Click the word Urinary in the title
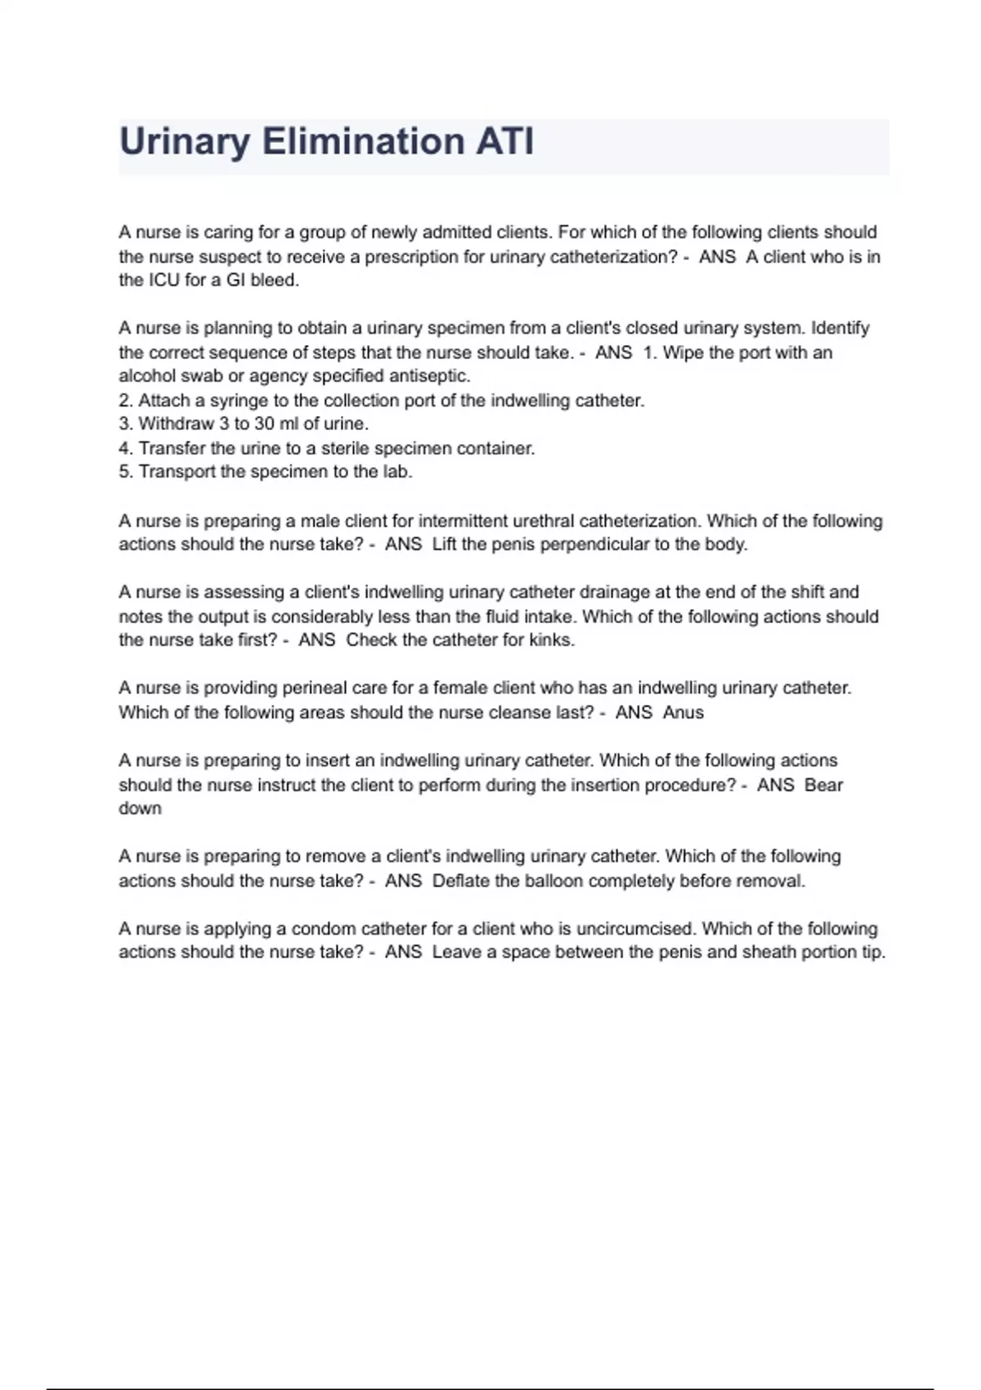coord(185,141)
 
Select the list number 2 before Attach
coord(125,401)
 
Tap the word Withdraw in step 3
coord(176,424)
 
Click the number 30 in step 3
coord(264,424)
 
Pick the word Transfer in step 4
coord(172,448)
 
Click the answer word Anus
coord(683,712)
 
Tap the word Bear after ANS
coord(823,785)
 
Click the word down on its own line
coord(140,809)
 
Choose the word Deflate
coord(461,881)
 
